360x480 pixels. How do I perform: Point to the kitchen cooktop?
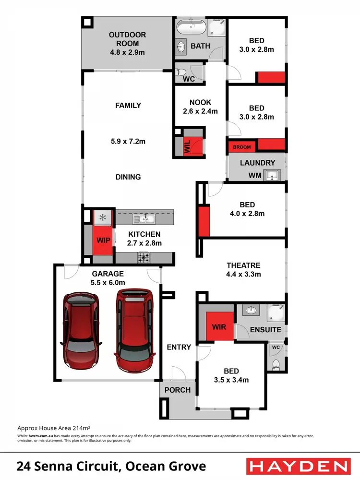click(x=144, y=258)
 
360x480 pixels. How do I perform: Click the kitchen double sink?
click(x=144, y=219)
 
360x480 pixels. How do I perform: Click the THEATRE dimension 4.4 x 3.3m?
click(x=243, y=275)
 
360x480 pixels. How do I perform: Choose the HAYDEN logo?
click(x=297, y=466)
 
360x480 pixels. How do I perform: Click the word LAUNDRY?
click(x=257, y=163)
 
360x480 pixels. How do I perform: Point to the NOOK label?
click(x=200, y=103)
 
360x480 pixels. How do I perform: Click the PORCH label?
click(x=178, y=390)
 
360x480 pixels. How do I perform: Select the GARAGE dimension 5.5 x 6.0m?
click(x=108, y=283)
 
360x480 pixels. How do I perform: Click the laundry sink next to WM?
click(x=273, y=175)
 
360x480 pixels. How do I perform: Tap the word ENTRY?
click(x=179, y=347)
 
